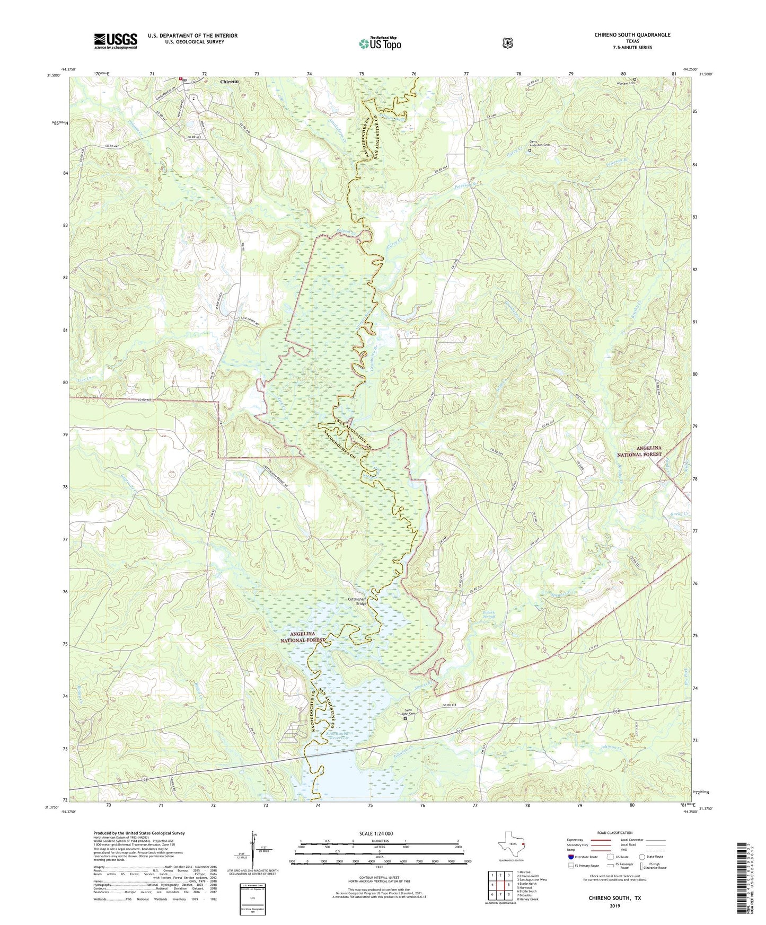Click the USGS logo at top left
116,41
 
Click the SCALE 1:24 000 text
376,833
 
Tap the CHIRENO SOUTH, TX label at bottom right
614,898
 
